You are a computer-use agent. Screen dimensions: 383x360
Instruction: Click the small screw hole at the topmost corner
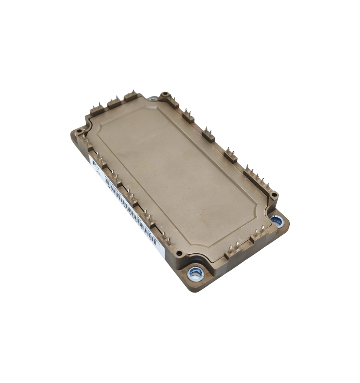pos(165,95)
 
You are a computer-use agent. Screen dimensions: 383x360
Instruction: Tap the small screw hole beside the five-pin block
pos(274,196)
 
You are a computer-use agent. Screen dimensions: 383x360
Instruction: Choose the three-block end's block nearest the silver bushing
pos(131,96)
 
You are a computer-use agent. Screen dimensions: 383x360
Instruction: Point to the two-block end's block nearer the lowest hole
pos(233,251)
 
